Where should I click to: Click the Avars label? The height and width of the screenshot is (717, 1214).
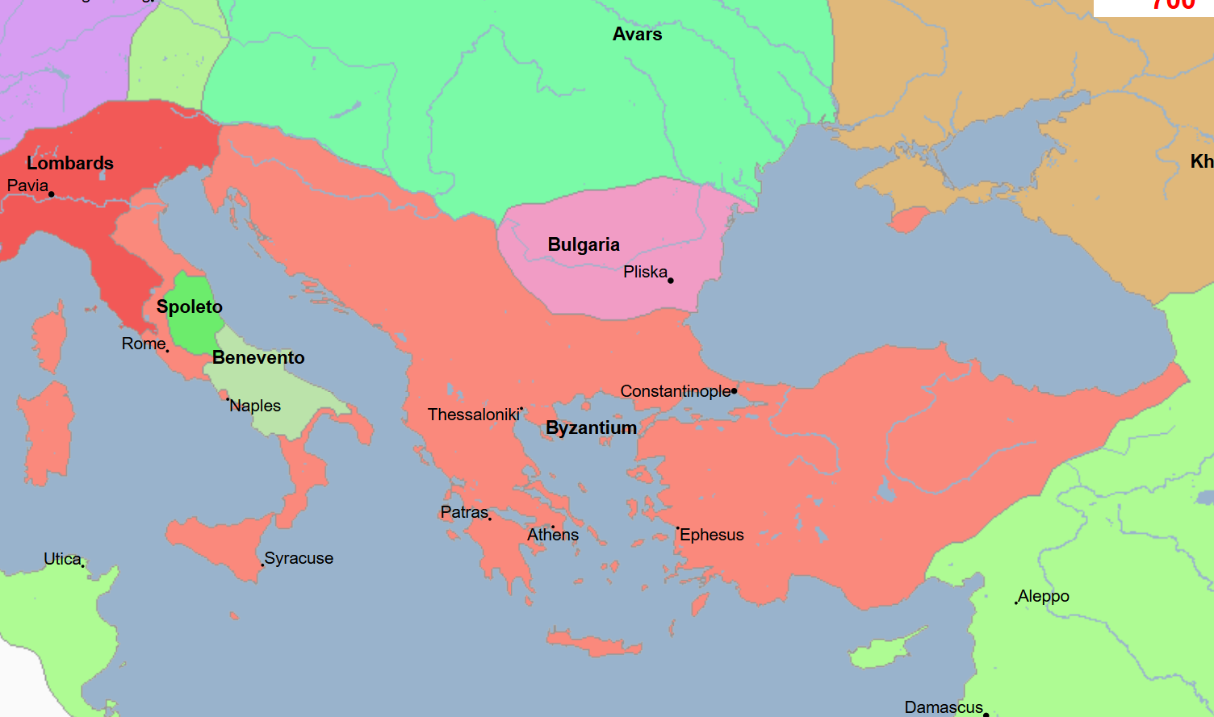click(x=637, y=34)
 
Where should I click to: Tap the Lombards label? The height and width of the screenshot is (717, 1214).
click(x=70, y=163)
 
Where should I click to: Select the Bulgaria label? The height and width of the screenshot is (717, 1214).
click(x=584, y=244)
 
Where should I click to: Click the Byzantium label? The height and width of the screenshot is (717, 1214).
click(x=592, y=427)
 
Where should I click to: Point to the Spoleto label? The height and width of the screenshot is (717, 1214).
click(x=190, y=306)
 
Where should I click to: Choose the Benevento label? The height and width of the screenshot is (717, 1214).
click(x=258, y=357)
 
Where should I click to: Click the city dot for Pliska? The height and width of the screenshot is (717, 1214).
click(x=671, y=281)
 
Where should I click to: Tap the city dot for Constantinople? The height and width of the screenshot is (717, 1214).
click(x=735, y=391)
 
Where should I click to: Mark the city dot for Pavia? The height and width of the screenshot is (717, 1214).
click(x=52, y=194)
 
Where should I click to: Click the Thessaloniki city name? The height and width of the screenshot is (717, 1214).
click(x=474, y=415)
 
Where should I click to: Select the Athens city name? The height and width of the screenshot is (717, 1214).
click(x=553, y=535)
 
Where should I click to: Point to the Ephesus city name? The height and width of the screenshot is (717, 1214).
click(x=712, y=535)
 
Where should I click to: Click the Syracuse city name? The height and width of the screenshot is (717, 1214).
click(x=299, y=558)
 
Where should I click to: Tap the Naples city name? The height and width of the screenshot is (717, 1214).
click(x=256, y=406)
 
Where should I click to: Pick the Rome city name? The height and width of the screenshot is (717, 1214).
click(x=144, y=344)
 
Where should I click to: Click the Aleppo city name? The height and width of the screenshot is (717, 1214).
click(x=1044, y=596)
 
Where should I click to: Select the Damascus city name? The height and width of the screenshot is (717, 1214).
click(x=944, y=707)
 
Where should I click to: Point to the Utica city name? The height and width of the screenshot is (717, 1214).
click(x=62, y=559)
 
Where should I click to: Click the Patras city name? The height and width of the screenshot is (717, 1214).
click(x=464, y=512)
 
